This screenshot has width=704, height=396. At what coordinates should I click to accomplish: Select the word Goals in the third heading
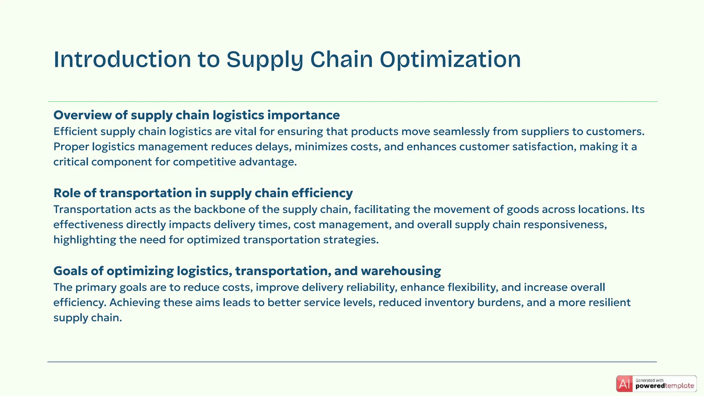point(70,271)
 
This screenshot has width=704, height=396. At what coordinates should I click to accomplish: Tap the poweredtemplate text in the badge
point(664,386)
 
